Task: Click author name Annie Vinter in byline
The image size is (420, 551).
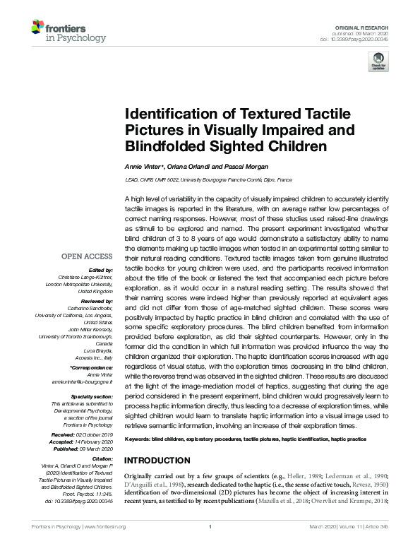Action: [x=145, y=167]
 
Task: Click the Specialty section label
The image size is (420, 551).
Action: [x=94, y=396]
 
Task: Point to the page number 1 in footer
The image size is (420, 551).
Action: [x=210, y=546]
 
